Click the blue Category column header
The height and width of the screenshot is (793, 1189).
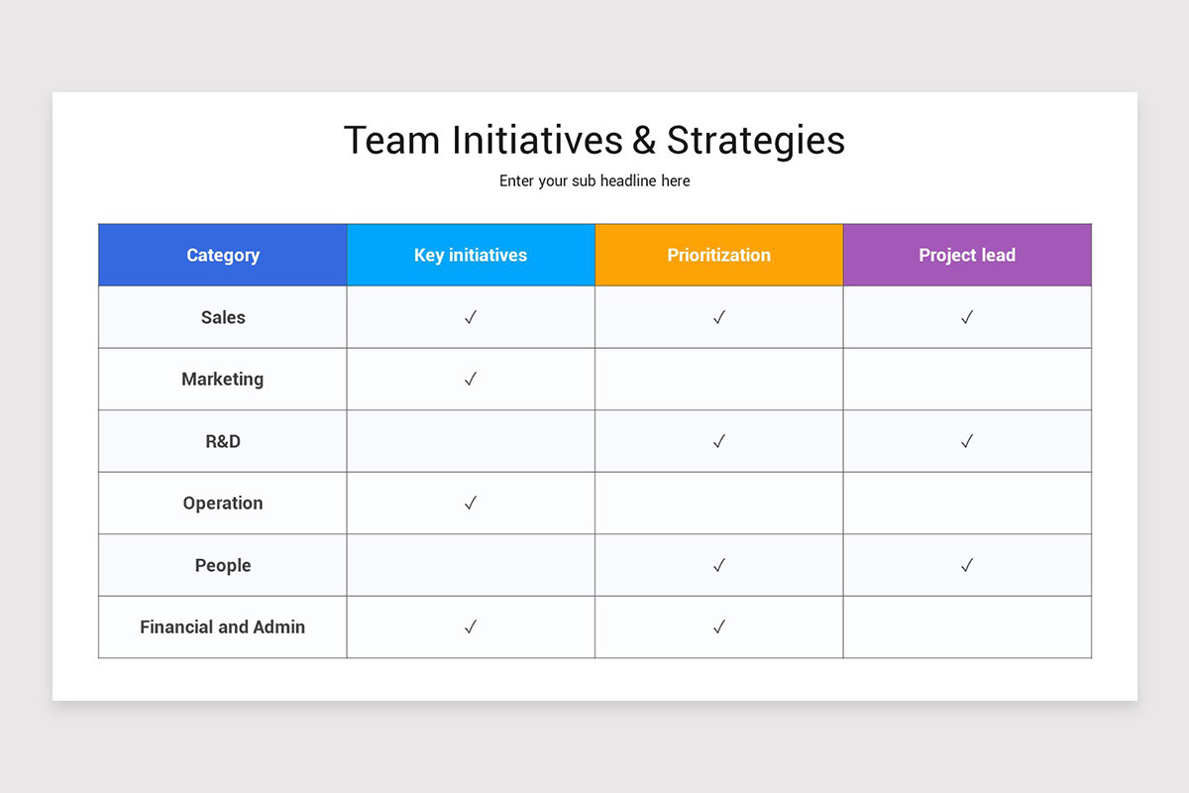tap(223, 255)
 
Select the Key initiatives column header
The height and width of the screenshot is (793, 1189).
tap(471, 255)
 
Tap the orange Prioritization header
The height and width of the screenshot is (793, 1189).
tap(718, 255)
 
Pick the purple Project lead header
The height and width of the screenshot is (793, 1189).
tap(967, 255)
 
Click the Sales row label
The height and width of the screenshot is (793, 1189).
tap(223, 317)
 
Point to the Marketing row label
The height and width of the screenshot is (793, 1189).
tap(223, 379)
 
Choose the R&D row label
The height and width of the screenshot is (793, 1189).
tap(223, 441)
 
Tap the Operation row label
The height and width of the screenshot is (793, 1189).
tap(223, 503)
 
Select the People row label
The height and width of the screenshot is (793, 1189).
tap(223, 565)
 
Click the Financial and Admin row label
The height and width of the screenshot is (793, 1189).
tap(223, 626)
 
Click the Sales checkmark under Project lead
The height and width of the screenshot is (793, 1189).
tap(967, 317)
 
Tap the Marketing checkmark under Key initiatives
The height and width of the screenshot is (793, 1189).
tap(471, 379)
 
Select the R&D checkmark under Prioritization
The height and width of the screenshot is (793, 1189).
tap(719, 441)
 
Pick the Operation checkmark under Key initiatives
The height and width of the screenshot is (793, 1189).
tap(471, 503)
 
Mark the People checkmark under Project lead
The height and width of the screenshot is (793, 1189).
tap(967, 565)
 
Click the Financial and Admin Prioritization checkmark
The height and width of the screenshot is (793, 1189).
tap(719, 626)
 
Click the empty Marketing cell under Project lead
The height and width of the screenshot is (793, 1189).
tap(967, 379)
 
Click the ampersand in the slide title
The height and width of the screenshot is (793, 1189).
tap(644, 141)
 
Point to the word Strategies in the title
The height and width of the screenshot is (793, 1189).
tap(756, 141)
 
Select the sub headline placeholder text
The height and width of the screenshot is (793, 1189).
tap(594, 181)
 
